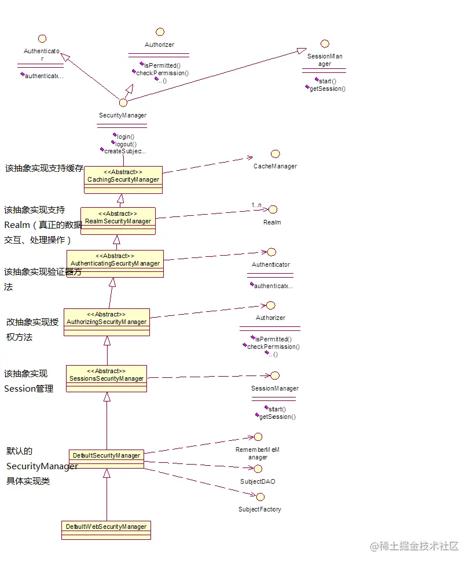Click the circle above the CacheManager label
[x=275, y=154]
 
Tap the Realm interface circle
[x=273, y=209]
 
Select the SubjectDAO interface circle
[x=258, y=469]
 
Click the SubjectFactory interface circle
[x=260, y=496]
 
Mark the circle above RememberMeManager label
[x=258, y=437]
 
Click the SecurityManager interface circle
[x=123, y=102]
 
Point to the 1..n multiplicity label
[x=256, y=205]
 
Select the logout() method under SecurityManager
[x=126, y=144]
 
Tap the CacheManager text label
[x=275, y=167]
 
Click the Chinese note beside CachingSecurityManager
[x=44, y=168]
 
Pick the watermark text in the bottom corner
[x=414, y=546]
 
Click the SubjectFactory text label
[x=260, y=509]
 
